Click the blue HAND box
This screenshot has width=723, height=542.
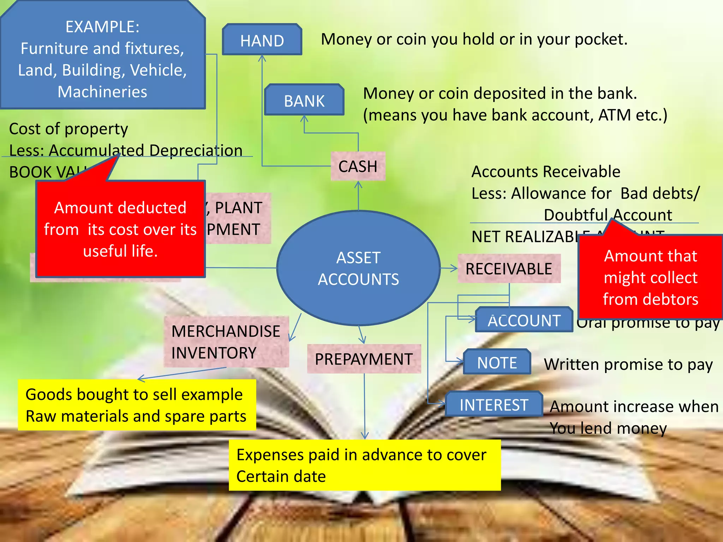click(x=262, y=40)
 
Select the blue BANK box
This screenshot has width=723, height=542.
click(x=304, y=100)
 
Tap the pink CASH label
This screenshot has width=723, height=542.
click(x=358, y=166)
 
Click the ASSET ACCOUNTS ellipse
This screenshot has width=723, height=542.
click(x=358, y=268)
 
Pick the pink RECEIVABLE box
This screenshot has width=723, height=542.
click(x=509, y=269)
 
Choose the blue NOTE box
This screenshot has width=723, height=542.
click(x=497, y=362)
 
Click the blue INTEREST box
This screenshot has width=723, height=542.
click(x=494, y=404)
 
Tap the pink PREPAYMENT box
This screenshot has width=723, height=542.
click(x=364, y=359)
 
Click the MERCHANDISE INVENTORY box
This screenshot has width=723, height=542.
click(x=226, y=342)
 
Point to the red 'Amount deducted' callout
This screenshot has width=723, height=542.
click(x=120, y=229)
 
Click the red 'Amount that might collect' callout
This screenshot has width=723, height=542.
click(x=650, y=277)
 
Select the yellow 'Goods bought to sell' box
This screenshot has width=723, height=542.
click(x=137, y=405)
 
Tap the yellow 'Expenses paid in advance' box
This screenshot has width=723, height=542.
click(x=364, y=465)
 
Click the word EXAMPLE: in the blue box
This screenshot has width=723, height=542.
click(x=102, y=27)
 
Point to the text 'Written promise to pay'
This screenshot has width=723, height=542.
click(x=628, y=365)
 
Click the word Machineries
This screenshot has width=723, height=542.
click(x=102, y=92)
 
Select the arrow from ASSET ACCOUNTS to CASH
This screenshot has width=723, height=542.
click(x=358, y=195)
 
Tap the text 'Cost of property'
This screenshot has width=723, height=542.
click(x=68, y=129)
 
